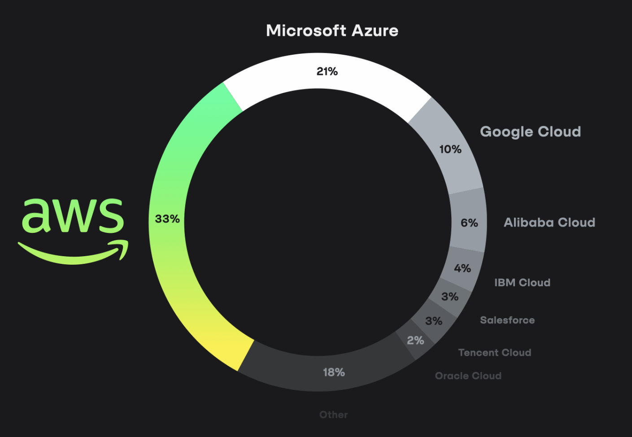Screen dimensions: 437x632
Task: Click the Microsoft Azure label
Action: pos(332,31)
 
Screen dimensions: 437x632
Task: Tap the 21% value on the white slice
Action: pos(327,71)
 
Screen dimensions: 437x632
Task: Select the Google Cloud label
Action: pos(530,131)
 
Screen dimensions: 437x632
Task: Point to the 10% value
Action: pos(450,149)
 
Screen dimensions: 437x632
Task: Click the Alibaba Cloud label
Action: pos(549,223)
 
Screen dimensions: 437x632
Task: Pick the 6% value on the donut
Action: pos(469,223)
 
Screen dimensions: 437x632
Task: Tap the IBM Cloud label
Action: pos(522,283)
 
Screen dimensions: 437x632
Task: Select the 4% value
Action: pos(462,268)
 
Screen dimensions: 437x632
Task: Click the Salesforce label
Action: pos(507,320)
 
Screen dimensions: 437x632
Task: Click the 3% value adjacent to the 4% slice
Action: pos(449,297)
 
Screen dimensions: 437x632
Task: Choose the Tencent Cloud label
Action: pos(494,353)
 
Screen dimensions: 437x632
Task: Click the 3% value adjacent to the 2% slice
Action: pos(433,321)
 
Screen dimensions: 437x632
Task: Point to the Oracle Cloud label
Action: pos(468,376)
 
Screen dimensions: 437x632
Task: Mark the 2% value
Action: pos(415,341)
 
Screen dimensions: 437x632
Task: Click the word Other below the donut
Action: pos(333,415)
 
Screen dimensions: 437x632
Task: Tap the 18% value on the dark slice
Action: pos(334,372)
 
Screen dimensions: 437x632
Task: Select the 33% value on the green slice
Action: pos(167,219)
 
